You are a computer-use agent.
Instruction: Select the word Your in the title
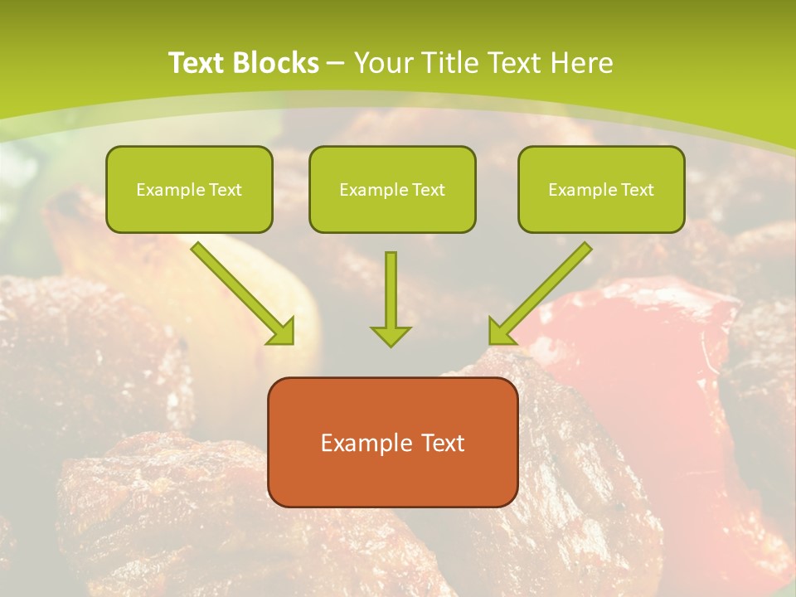(385, 63)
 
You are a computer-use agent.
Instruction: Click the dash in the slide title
(336, 63)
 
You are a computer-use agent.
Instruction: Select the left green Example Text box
(189, 189)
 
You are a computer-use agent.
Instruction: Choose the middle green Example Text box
(392, 189)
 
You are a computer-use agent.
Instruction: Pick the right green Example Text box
(601, 189)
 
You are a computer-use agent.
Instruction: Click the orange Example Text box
(392, 442)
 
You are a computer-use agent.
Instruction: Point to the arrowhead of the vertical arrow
(391, 335)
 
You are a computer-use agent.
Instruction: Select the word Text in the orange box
(442, 443)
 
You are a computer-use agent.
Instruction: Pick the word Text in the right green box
(637, 190)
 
